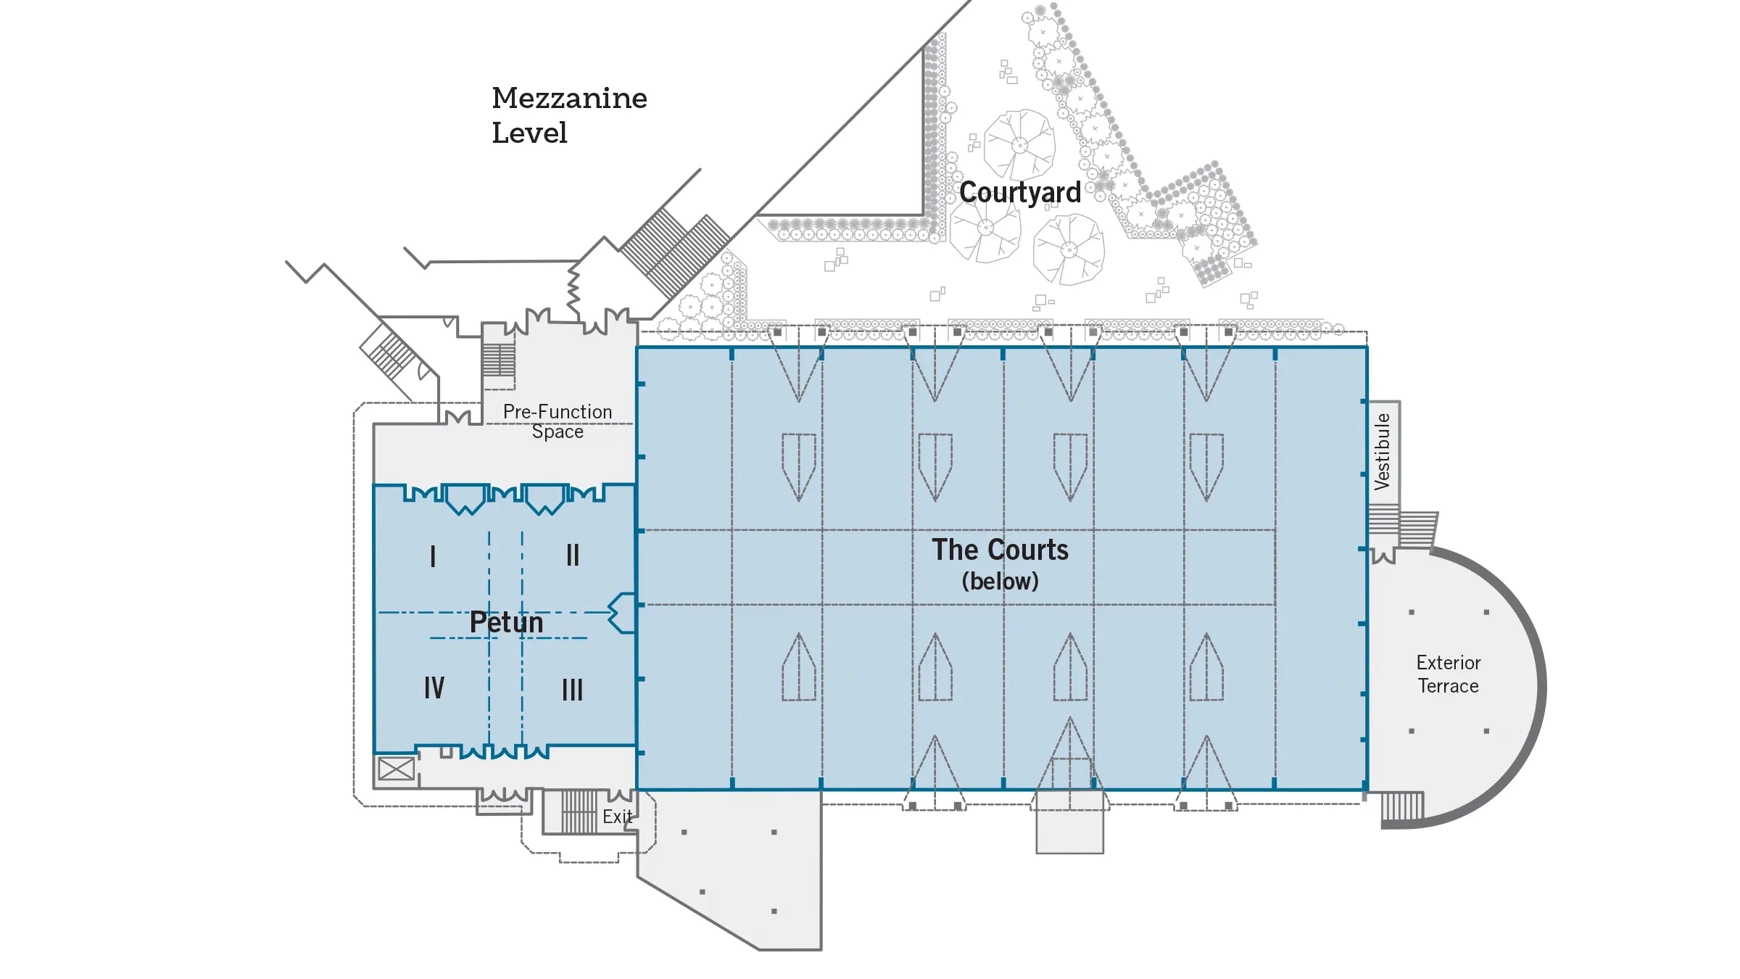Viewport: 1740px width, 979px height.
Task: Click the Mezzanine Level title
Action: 568,115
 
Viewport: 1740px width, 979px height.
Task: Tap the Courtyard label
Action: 1019,193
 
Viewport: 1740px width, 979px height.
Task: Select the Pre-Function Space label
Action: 558,421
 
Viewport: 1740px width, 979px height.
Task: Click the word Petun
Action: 506,622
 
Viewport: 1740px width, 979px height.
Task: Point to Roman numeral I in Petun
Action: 433,556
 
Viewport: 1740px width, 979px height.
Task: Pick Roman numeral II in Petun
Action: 573,555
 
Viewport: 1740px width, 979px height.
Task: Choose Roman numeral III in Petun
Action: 572,690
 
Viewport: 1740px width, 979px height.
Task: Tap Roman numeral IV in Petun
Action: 434,687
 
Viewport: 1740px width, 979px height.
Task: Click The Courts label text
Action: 1000,550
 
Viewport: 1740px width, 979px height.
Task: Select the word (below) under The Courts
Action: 1000,582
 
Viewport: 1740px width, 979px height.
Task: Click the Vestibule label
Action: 1383,452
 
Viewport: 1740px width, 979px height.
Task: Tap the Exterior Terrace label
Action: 1448,674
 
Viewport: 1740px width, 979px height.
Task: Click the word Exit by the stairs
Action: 617,817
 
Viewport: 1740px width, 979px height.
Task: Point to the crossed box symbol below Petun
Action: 397,769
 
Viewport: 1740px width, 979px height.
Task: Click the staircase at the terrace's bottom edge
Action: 1402,806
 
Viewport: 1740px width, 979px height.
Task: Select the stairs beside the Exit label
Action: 579,811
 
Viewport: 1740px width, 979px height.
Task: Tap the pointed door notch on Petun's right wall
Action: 621,613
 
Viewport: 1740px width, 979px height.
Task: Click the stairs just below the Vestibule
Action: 1383,519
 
